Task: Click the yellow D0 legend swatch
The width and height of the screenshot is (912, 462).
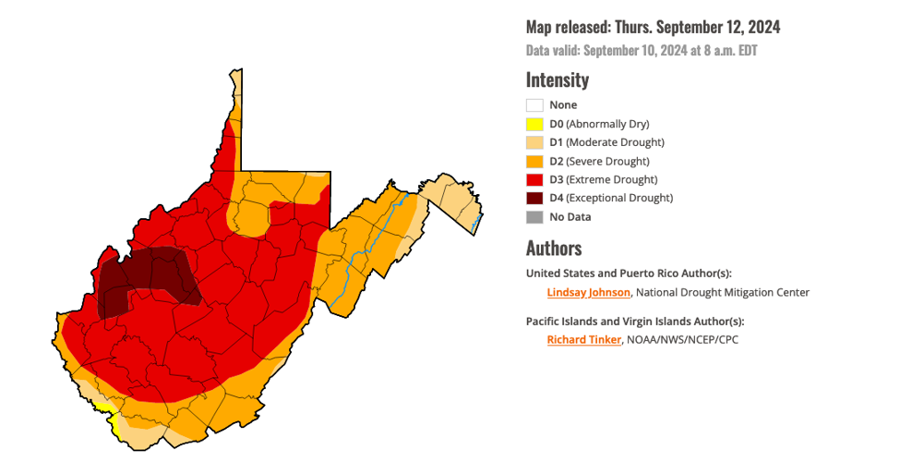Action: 534,124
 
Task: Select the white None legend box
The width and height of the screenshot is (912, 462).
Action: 534,105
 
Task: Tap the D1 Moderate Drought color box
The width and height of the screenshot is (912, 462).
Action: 534,142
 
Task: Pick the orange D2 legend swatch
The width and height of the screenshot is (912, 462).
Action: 534,161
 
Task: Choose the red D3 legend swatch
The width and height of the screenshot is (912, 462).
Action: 534,179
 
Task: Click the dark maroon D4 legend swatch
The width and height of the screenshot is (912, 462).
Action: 534,198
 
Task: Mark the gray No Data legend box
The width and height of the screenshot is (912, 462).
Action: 534,217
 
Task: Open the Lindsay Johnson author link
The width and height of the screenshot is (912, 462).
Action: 588,292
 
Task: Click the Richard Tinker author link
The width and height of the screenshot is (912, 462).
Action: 584,340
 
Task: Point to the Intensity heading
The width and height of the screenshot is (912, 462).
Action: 557,79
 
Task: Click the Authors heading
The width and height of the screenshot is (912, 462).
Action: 553,248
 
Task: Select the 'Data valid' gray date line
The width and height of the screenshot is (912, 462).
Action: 641,51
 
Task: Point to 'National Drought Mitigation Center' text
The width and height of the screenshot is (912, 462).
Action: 723,292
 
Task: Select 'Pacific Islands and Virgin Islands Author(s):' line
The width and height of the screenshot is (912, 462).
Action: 634,322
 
